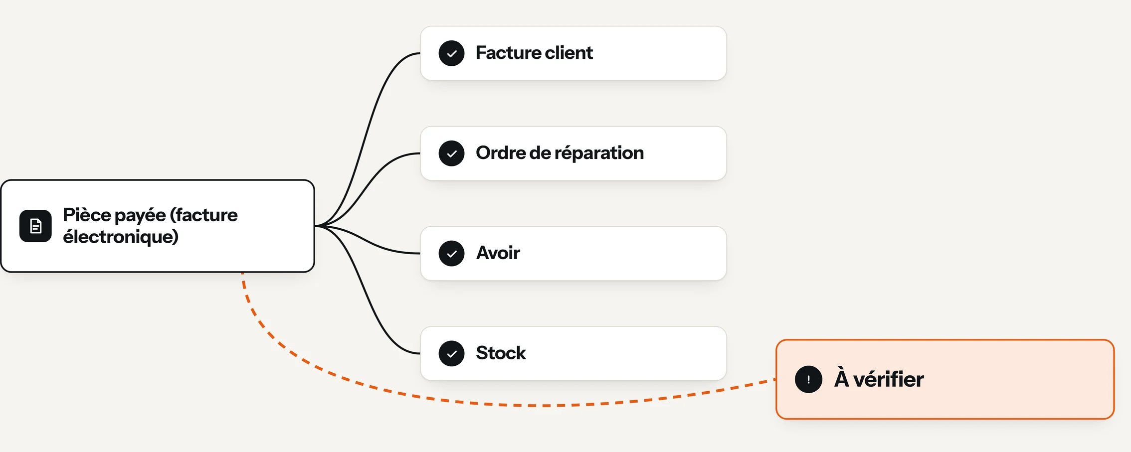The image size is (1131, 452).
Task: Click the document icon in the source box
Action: coord(35,226)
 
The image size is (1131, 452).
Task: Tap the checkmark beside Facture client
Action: coord(451,53)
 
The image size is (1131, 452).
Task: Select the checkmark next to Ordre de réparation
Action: coord(451,153)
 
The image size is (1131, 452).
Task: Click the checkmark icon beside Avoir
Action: coord(451,254)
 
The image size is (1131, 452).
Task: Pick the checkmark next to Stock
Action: coord(451,354)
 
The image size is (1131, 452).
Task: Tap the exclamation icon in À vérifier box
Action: coord(808,379)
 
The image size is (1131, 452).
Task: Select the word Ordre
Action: coord(500,153)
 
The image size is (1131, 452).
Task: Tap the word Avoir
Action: coord(498,253)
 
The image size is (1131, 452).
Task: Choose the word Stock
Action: coord(501,353)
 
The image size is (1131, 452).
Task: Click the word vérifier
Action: coord(889,379)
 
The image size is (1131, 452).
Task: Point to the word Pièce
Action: coord(87,215)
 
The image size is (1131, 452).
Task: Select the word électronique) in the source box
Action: coord(121,237)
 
